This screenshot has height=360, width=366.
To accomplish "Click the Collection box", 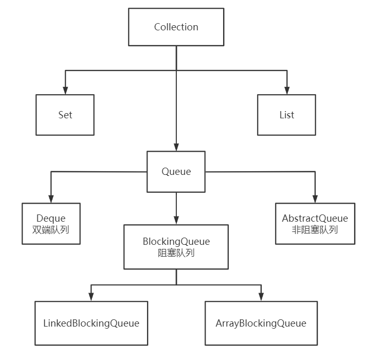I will (x=176, y=27).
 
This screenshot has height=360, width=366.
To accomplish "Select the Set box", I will (x=65, y=115).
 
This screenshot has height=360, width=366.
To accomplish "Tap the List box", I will (x=287, y=115).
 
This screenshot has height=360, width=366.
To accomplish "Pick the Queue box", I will (x=176, y=172).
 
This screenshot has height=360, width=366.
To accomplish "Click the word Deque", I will (x=51, y=219).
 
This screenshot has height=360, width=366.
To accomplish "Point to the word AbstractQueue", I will (x=315, y=219).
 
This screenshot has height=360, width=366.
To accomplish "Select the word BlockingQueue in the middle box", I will (x=176, y=241).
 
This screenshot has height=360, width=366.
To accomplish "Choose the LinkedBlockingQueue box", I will (x=91, y=323).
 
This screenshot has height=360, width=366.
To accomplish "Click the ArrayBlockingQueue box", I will (x=261, y=323).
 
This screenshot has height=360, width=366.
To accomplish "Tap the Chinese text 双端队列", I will (x=51, y=230).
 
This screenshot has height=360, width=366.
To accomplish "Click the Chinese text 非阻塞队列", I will (x=315, y=229).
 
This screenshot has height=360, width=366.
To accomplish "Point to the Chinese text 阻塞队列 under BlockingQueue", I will (x=176, y=253).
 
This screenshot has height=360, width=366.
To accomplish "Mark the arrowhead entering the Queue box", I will (x=176, y=147).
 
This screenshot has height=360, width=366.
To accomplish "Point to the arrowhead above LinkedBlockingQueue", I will (x=91, y=297).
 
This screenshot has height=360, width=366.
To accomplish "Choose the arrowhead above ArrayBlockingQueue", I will (x=261, y=297).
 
